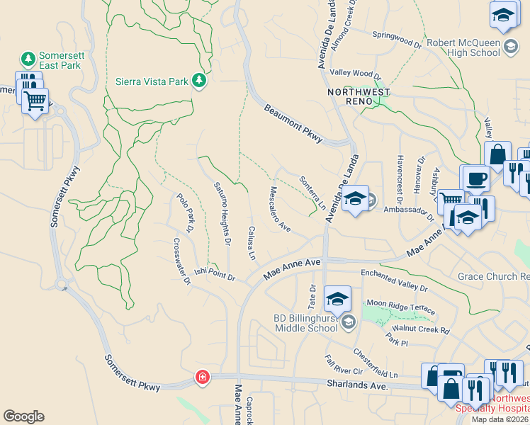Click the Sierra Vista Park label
(x=152, y=81)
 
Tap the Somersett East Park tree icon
(x=28, y=58)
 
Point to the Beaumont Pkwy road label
(x=293, y=124)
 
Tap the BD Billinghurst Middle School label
(x=305, y=323)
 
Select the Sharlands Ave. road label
(x=358, y=385)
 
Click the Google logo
(x=23, y=416)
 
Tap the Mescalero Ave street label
(x=280, y=209)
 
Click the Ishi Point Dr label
(x=216, y=273)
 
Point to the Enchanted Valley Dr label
(x=395, y=280)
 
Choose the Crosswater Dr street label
(x=182, y=261)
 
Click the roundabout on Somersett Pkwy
(x=62, y=285)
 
